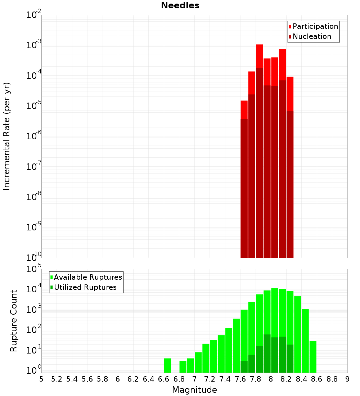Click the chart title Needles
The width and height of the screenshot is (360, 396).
[x=180, y=5]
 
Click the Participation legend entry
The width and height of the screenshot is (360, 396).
[x=315, y=26]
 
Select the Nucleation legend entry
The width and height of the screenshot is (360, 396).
[x=311, y=36]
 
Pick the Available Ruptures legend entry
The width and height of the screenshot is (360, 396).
[x=87, y=277]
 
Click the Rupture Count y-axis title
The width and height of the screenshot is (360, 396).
[x=14, y=321]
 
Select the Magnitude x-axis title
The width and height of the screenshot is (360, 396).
[x=194, y=390]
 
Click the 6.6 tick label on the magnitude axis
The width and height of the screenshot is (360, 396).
[x=164, y=379]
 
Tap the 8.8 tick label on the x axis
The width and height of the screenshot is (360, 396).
[x=332, y=379]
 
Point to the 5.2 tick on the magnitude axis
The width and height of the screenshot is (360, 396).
[x=57, y=379]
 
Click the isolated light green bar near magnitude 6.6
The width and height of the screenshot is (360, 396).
[x=167, y=365]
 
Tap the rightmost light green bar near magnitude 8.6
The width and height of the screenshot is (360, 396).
[x=313, y=357]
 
